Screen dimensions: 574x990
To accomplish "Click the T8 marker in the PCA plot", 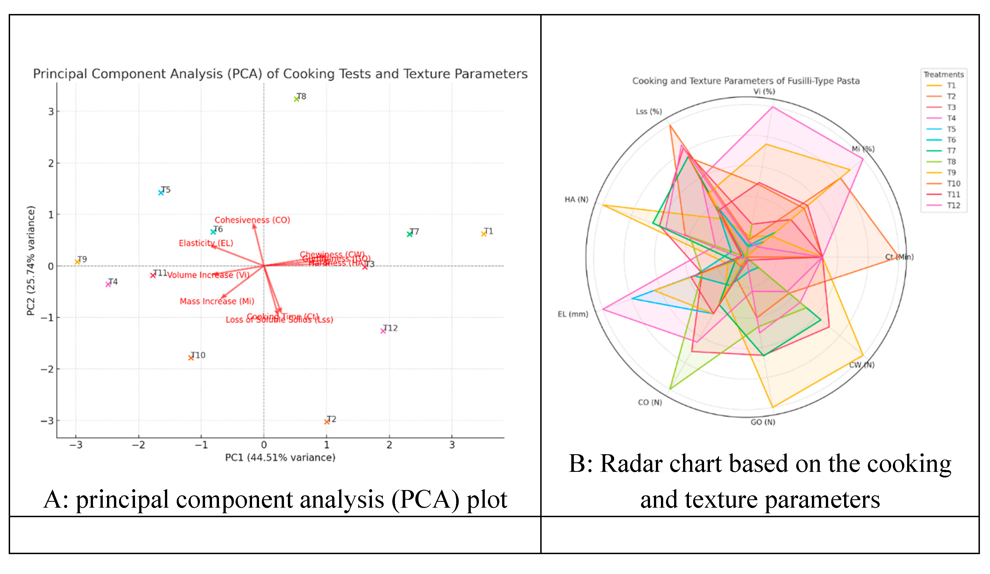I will (297, 99).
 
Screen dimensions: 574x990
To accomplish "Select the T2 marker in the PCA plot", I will (327, 422).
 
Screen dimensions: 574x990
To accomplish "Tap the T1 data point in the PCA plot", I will (484, 234).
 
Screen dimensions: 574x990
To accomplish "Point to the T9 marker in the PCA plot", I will (77, 262).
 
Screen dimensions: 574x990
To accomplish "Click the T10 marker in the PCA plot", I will (191, 358).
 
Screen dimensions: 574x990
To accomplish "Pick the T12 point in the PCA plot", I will (383, 331).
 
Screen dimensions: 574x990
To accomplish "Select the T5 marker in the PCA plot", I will (161, 193).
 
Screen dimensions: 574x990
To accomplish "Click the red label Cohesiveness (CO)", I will (252, 220).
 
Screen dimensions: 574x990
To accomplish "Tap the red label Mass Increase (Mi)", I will (217, 301).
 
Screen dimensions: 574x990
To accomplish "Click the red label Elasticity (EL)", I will (206, 243).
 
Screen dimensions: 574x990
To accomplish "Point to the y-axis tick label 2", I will (51, 163).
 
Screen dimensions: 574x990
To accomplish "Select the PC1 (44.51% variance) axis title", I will (280, 457).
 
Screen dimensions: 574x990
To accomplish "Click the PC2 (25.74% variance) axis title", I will (31, 261).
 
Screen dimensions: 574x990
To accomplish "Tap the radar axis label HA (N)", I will (576, 200).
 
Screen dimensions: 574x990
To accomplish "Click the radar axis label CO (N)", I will (650, 402).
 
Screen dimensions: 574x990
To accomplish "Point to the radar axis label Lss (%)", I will (649, 111).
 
